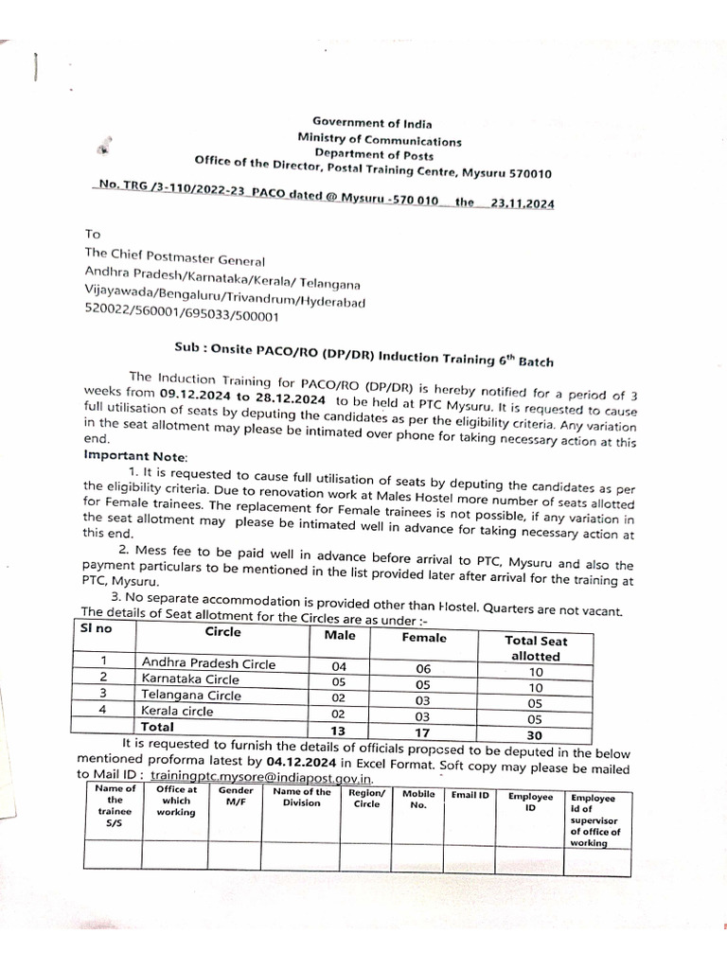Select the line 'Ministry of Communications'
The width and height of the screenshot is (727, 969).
click(380, 139)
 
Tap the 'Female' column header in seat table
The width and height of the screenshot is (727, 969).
click(423, 638)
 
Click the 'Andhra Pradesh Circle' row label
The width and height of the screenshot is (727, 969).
click(208, 663)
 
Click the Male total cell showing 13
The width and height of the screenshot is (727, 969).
click(339, 730)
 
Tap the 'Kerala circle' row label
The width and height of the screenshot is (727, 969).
click(177, 711)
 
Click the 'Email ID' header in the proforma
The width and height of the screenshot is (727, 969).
click(470, 795)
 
